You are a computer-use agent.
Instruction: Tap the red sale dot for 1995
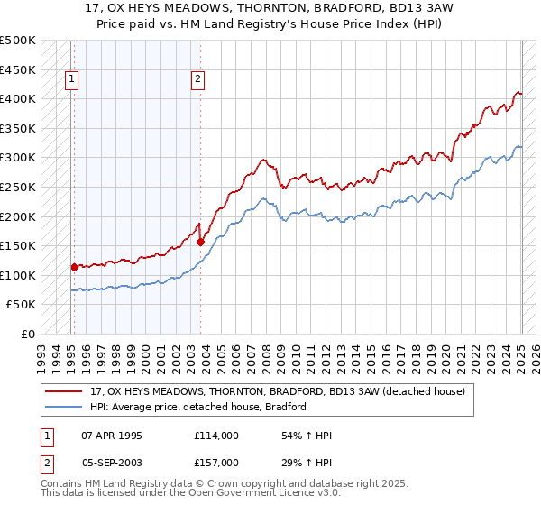tap(74, 267)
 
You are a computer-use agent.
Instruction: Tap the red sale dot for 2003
tap(201, 242)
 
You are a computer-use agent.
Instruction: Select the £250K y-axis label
tap(18, 187)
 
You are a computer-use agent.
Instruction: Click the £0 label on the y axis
tap(28, 334)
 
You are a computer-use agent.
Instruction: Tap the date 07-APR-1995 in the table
tap(112, 436)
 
